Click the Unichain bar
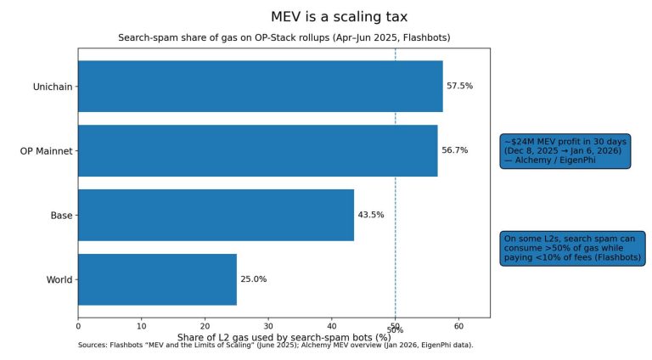pos(260,87)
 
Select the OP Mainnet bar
pos(257,151)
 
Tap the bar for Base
pos(216,215)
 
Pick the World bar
pos(157,279)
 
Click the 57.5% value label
pos(459,87)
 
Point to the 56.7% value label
pos(454,150)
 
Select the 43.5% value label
pos(370,215)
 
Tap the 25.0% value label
pos(253,279)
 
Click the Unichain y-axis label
pos(53,87)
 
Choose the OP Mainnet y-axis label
pos(47,151)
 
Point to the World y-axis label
pos(59,279)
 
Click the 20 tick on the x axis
pos(205,324)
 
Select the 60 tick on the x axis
pos(458,324)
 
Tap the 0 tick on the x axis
pos(78,324)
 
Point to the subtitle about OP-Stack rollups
pos(284,38)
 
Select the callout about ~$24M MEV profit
pos(565,150)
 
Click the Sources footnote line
pos(275,346)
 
